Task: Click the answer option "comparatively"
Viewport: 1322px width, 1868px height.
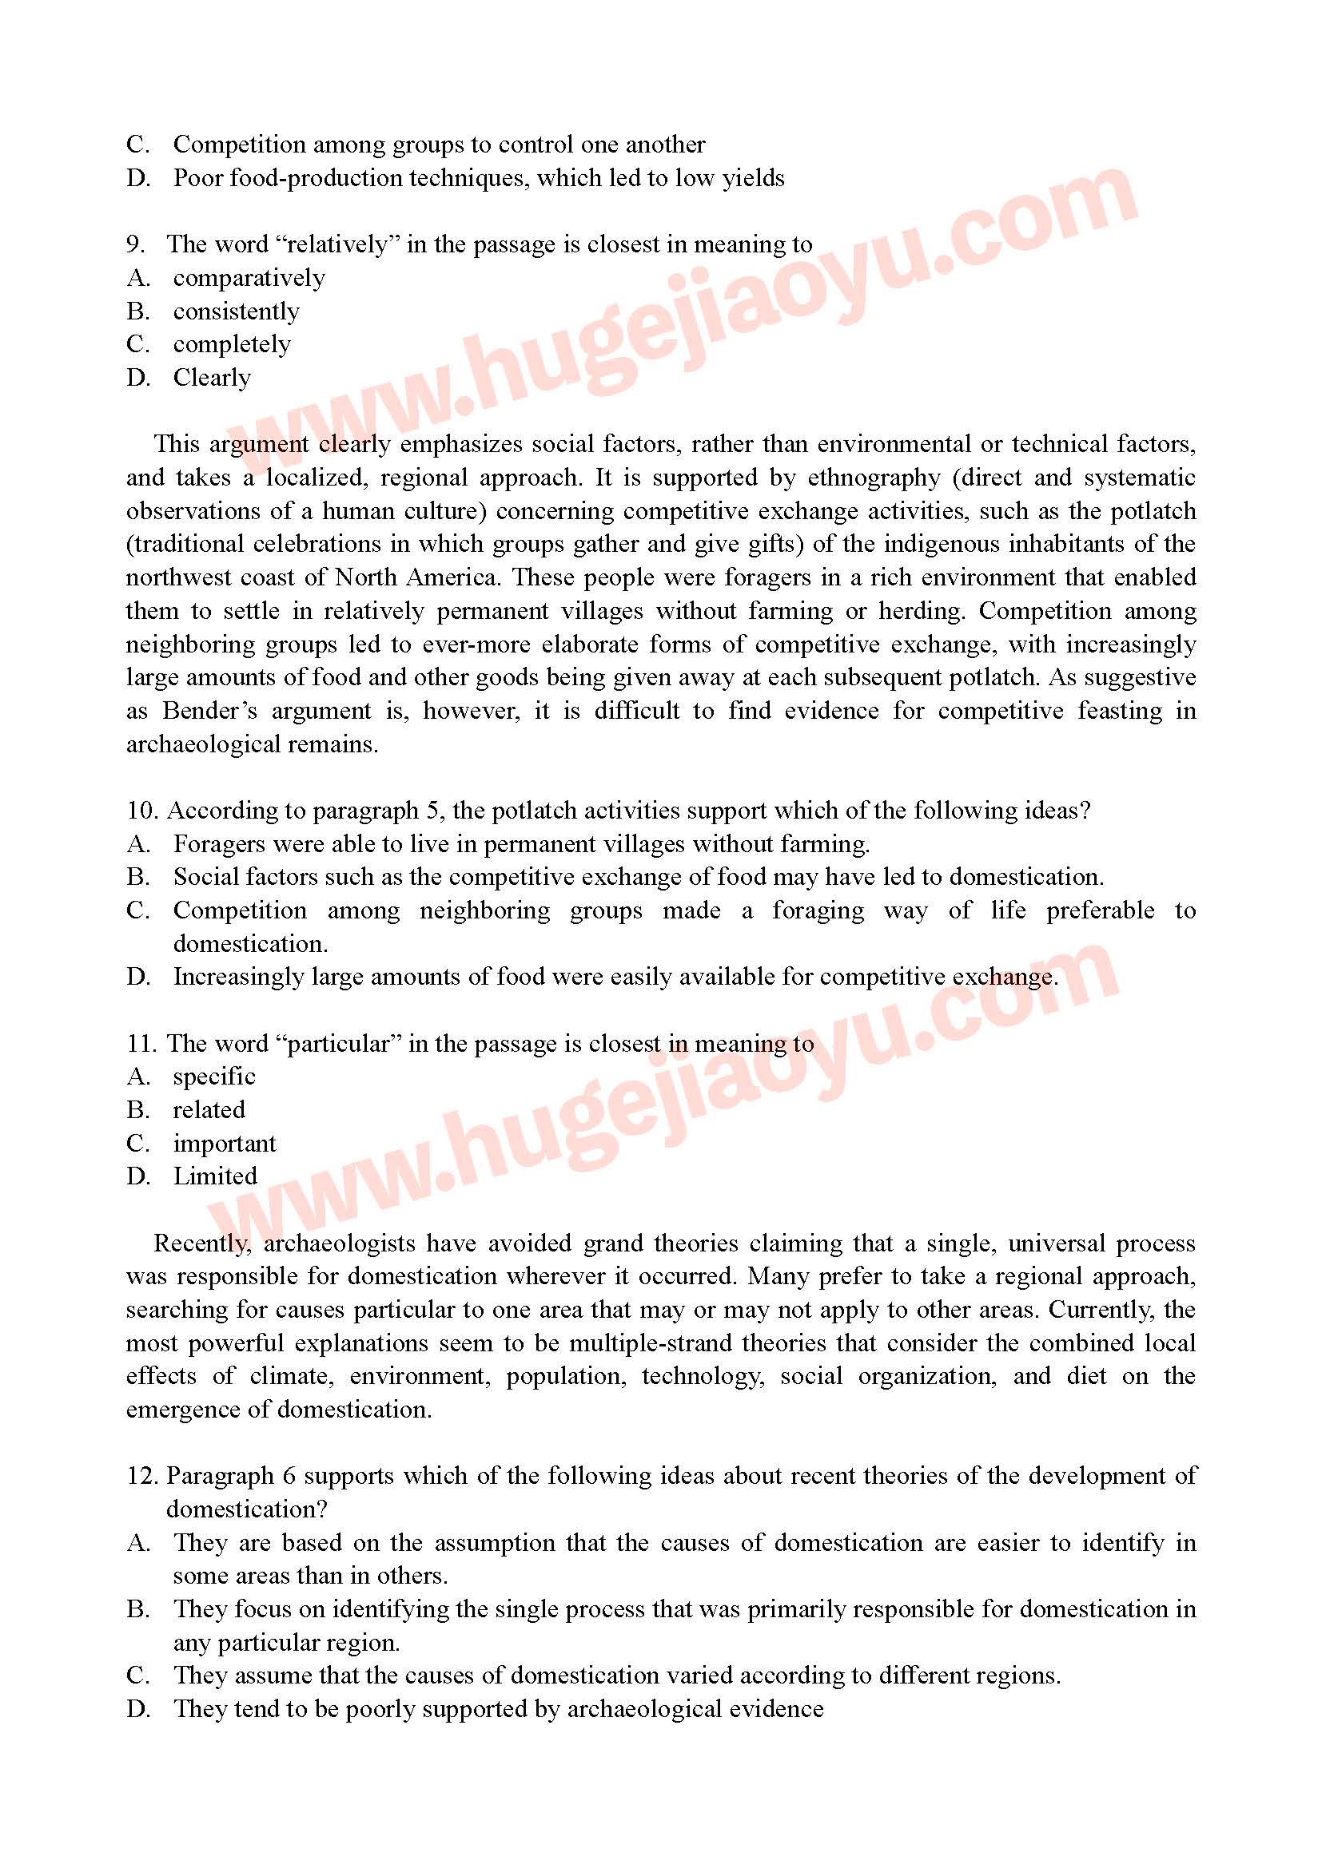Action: click(x=249, y=278)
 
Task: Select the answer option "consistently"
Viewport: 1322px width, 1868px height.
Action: click(x=236, y=311)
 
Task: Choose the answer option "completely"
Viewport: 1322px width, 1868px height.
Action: click(x=231, y=345)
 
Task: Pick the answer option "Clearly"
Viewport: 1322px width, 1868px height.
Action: click(x=212, y=379)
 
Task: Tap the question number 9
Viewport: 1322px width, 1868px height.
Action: click(x=135, y=245)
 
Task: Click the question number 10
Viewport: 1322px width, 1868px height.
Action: click(x=141, y=811)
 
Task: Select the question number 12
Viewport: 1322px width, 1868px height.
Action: click(x=141, y=1477)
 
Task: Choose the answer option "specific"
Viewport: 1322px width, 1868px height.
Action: click(x=214, y=1077)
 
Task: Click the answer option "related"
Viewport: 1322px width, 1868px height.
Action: click(x=209, y=1111)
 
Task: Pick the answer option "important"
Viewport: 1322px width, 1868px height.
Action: click(x=224, y=1144)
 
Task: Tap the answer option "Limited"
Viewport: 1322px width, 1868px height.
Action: click(x=215, y=1177)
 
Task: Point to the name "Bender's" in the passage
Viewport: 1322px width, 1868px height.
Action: click(x=209, y=712)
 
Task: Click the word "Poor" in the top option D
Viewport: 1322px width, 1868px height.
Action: click(x=197, y=178)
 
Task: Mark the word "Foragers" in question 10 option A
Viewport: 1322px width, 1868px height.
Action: click(x=219, y=844)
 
